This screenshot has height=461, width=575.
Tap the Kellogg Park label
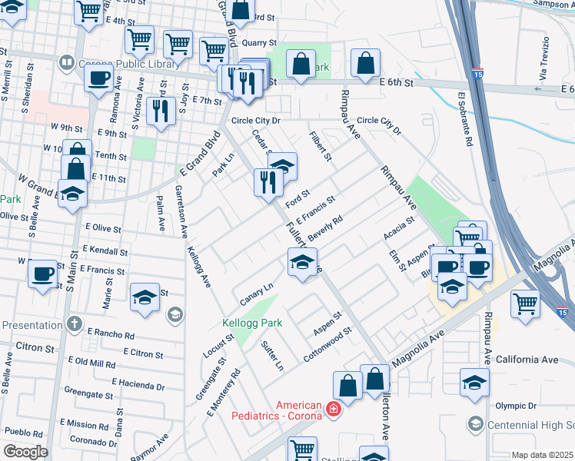248,323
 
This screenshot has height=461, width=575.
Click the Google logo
25,451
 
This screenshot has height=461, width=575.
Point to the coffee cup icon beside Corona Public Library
98,78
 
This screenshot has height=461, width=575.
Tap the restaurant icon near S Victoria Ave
161,111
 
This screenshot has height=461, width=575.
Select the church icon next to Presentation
73,323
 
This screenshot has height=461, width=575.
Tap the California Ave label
527,360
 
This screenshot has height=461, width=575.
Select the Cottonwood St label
327,345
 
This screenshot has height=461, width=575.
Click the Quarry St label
258,44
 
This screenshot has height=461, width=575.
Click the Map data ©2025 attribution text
542,455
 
